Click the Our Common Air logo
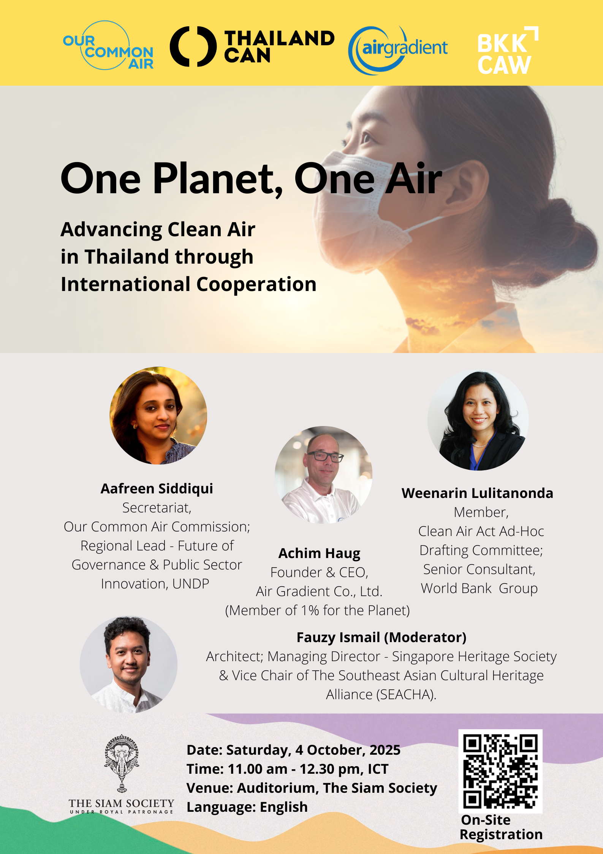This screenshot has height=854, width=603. [x=108, y=46]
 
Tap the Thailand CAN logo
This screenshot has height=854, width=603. [x=252, y=46]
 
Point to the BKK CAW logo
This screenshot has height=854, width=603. [x=508, y=50]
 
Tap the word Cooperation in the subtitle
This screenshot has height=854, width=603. [x=256, y=284]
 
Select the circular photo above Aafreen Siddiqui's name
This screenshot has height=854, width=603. [x=158, y=415]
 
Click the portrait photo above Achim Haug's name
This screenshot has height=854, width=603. [x=323, y=475]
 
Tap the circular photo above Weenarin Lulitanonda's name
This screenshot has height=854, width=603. [x=478, y=420]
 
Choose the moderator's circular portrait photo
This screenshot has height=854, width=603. [x=128, y=665]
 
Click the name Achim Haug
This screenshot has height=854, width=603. [x=320, y=553]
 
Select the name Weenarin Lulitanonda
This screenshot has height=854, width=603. [x=477, y=493]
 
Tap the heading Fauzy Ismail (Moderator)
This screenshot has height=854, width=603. [x=381, y=637]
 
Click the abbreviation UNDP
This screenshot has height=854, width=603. [x=191, y=584]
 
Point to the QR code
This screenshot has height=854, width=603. [x=500, y=771]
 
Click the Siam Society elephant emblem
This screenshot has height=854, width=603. [x=122, y=763]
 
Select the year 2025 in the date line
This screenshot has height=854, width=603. [x=385, y=750]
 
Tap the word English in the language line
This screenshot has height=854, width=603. [x=283, y=807]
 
